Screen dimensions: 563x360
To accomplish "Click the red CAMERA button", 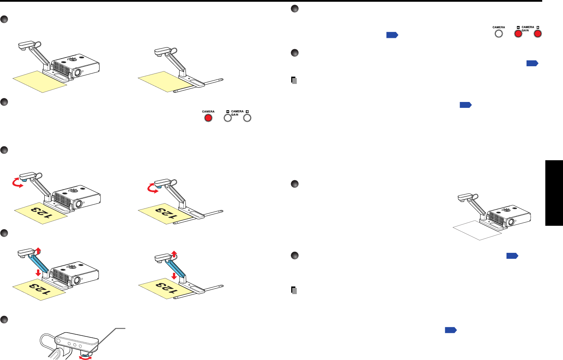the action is (208, 118).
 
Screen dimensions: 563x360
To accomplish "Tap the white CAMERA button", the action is (499, 34).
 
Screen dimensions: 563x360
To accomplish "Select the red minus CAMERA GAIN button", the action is (518, 34).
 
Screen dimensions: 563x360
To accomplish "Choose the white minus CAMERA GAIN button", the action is (227, 118).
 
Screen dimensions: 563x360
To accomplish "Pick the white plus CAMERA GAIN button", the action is (247, 118).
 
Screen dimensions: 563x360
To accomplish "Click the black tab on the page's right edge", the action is (554, 192).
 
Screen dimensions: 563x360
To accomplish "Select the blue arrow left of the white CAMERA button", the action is (392, 35).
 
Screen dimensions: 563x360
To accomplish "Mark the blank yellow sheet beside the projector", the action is (39, 82).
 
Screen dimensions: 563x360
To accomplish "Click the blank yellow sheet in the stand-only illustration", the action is (163, 82).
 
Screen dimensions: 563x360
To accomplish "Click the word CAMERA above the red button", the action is (208, 112).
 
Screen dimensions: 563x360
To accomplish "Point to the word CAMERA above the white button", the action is (499, 27).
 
